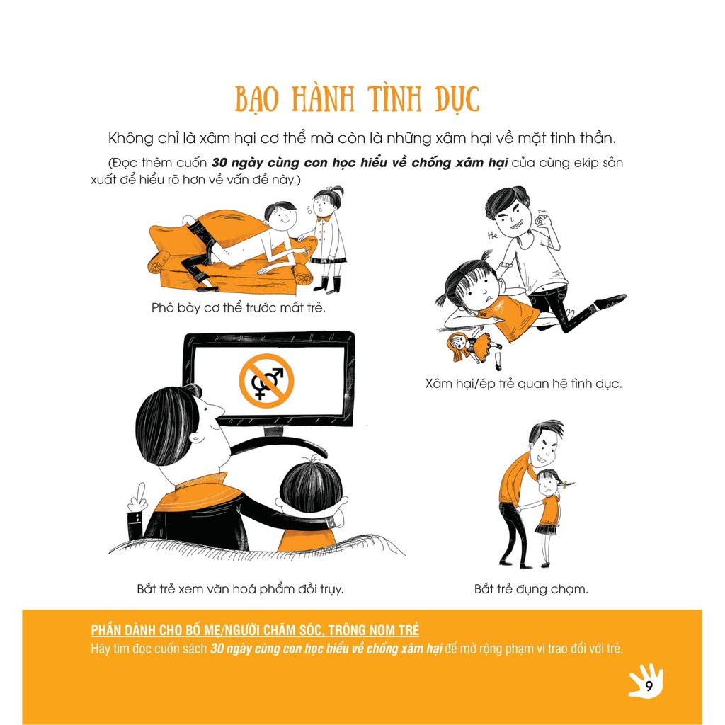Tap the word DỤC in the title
[457, 99]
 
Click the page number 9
[649, 686]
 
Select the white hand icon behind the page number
[646, 680]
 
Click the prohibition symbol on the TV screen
[266, 380]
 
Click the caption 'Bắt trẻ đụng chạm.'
[531, 589]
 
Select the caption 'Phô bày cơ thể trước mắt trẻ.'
[239, 307]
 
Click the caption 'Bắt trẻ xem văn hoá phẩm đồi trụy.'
[241, 589]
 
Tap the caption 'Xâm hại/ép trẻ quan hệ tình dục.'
[523, 384]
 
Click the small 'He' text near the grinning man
[493, 235]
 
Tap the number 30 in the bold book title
[219, 163]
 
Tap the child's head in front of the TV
[312, 485]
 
